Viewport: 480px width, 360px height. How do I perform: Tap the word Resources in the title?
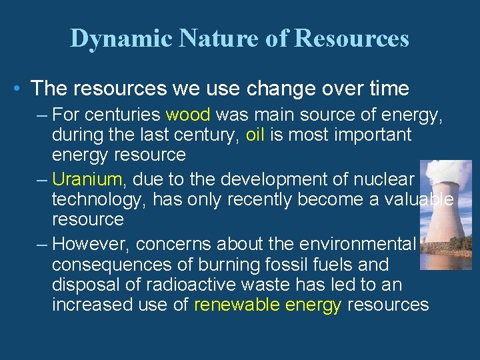pos(351,39)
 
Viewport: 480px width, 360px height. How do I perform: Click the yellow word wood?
pos(188,115)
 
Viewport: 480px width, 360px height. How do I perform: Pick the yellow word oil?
pos(255,135)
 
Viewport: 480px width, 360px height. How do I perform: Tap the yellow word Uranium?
pos(87,179)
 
